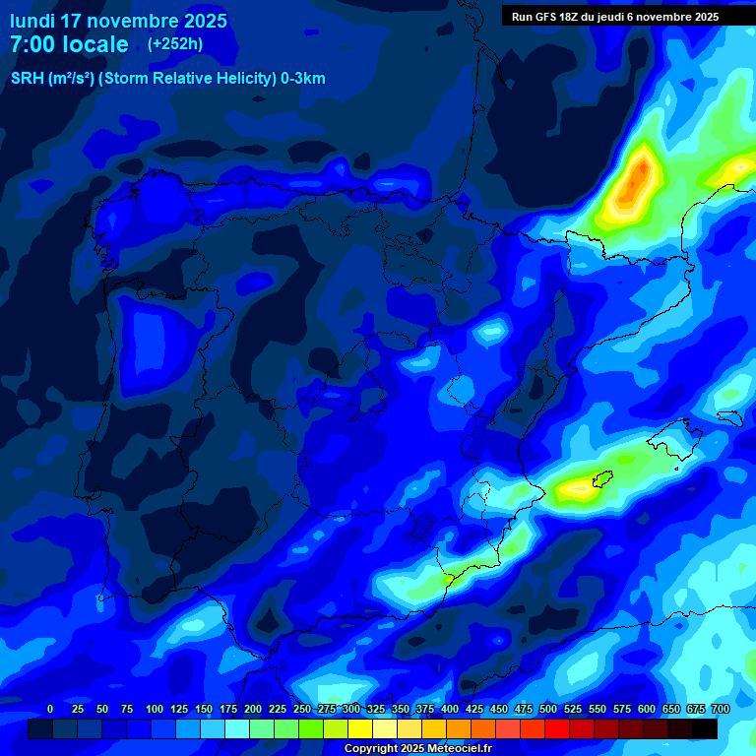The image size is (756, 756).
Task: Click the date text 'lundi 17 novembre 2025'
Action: [118, 21]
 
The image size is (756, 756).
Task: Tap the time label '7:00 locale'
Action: [69, 44]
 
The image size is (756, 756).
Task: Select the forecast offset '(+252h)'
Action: [175, 44]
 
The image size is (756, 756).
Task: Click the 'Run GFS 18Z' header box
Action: [615, 17]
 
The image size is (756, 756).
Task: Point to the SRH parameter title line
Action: [167, 79]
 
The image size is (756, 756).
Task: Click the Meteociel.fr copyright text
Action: [417, 748]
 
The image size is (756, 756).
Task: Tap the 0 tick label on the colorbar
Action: [50, 709]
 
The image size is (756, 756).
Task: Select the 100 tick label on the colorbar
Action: [155, 709]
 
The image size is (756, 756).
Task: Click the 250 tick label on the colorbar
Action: [302, 709]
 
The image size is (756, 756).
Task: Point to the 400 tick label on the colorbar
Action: [450, 709]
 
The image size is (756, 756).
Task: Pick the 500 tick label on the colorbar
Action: [548, 709]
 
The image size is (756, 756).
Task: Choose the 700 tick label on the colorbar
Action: [721, 709]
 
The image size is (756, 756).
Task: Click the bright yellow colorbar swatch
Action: [360, 728]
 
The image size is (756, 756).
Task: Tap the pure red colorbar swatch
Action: [557, 728]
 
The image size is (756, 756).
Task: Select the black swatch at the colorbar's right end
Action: [705, 728]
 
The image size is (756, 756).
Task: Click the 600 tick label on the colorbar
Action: [647, 709]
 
